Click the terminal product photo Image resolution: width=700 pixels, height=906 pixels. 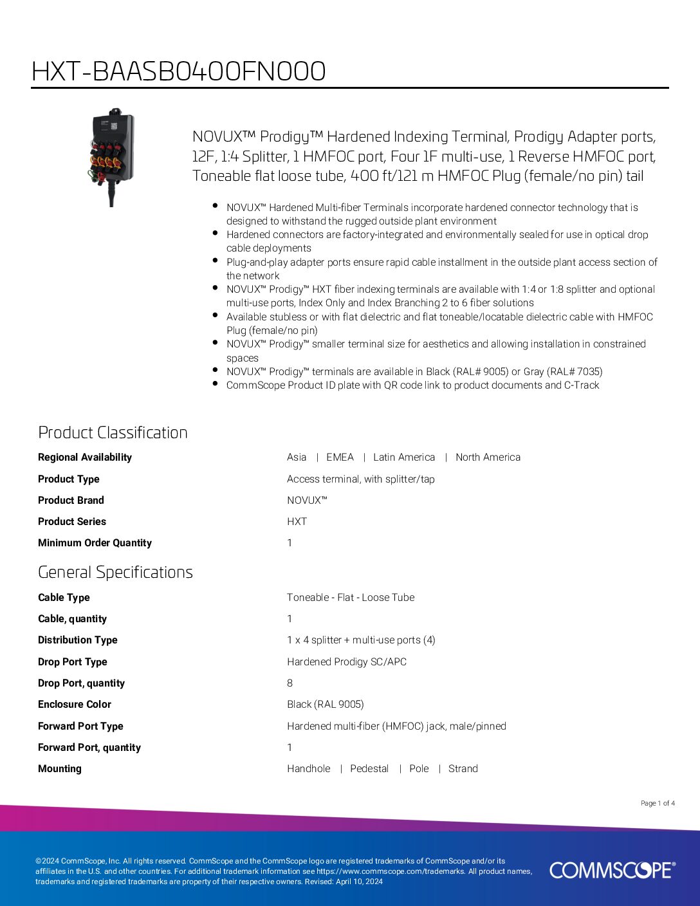point(112,156)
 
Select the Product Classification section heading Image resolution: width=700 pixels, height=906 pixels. point(113,432)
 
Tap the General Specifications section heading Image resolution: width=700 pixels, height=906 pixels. point(115,572)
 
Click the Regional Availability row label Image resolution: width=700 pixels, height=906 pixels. point(85,458)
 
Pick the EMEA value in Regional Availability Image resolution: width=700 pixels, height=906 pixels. point(340,458)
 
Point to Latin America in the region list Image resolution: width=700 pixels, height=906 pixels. point(404,458)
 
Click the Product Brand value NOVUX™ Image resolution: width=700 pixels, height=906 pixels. point(307,501)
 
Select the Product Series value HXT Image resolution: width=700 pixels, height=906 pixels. point(297,522)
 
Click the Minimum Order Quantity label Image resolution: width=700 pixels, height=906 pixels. point(95,543)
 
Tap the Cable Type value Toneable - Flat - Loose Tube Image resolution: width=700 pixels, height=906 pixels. point(351,598)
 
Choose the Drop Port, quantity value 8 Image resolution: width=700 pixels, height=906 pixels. point(290,683)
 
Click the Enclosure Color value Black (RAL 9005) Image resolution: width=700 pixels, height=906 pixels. point(325,705)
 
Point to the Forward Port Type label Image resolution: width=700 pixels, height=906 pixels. point(80,726)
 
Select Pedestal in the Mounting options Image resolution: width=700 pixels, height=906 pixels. point(369,769)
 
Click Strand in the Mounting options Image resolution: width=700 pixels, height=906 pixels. point(463,769)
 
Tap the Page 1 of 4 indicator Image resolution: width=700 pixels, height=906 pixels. point(658,803)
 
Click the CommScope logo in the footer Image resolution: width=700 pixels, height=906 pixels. point(612,870)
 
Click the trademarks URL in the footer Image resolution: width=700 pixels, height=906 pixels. point(391,871)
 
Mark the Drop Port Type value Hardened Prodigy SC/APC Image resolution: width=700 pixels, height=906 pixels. point(347,662)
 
